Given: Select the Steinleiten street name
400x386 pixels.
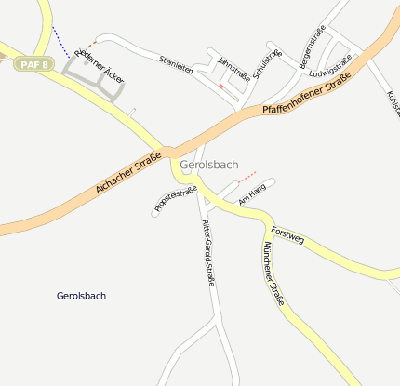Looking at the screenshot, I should pos(176,65).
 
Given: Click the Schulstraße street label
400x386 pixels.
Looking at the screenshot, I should pos(267,63).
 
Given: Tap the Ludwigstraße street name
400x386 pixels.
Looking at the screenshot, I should pos(332,66).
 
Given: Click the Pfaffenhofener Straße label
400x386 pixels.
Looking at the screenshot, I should pos(306,98).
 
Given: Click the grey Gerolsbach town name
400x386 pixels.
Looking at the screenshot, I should pos(209,165).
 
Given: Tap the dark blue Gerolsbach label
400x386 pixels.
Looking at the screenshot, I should pos(81,296).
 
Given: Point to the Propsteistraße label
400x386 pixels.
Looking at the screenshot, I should pos(176,202).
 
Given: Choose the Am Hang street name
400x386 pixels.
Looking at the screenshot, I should pos(252,194).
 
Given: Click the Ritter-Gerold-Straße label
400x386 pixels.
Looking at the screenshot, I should pos(208,252).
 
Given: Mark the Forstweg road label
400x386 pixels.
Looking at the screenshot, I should pos(287,234).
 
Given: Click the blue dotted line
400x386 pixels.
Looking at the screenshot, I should pos(60,43).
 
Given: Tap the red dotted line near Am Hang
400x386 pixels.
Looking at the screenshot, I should pos(247,175).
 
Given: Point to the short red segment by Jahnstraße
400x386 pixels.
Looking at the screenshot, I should pos(220,85).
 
